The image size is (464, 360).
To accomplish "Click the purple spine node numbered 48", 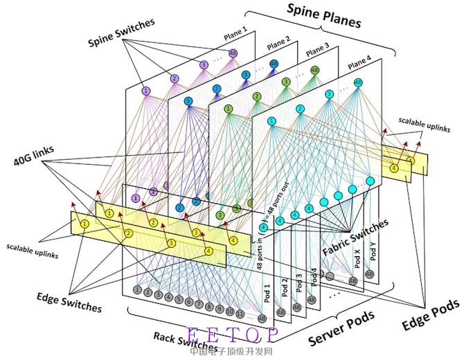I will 233,53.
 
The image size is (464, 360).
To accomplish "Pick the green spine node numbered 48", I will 315,71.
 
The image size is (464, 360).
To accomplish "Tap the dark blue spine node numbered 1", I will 188,101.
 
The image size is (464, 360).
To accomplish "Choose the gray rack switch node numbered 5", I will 179,300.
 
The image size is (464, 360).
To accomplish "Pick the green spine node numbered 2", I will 256,96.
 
